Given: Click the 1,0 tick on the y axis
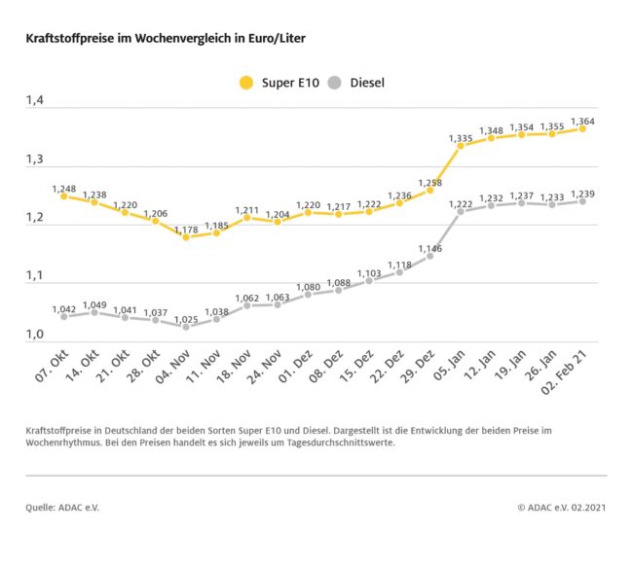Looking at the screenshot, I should [x=36, y=336].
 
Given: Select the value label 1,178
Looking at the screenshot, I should [x=186, y=226].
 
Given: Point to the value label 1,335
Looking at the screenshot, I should [x=461, y=139].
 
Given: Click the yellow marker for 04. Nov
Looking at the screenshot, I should [x=186, y=237].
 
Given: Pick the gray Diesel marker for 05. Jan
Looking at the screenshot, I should [x=461, y=211].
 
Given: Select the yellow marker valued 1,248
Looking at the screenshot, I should [x=64, y=195].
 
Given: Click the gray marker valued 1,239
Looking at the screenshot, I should [x=581, y=201].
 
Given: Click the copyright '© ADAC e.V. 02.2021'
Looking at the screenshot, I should [x=562, y=508].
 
